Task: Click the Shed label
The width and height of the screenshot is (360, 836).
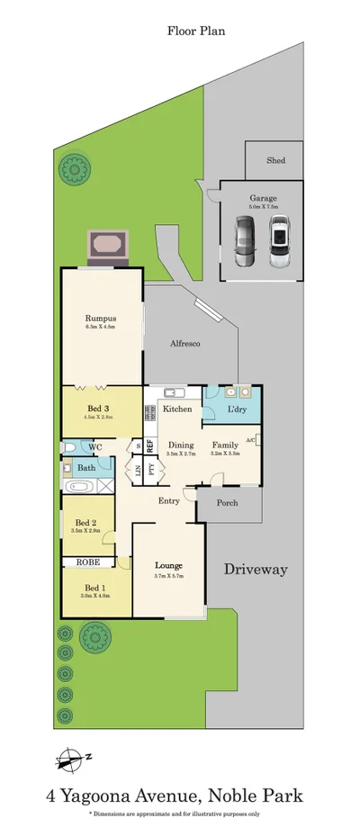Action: [x=276, y=160]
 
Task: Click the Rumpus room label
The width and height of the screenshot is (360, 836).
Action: [x=100, y=318]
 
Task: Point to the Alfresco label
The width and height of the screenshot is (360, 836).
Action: [x=184, y=344]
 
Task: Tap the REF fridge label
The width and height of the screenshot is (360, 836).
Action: [x=151, y=445]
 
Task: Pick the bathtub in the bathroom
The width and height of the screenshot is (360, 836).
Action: [x=78, y=487]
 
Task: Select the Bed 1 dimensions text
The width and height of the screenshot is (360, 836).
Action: [x=94, y=595]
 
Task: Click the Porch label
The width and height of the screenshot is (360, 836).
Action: [x=229, y=503]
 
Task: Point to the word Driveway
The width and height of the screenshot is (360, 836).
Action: [x=256, y=569]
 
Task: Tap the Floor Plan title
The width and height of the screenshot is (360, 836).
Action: [x=195, y=31]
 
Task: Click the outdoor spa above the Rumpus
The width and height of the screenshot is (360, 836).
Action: [x=107, y=244]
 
